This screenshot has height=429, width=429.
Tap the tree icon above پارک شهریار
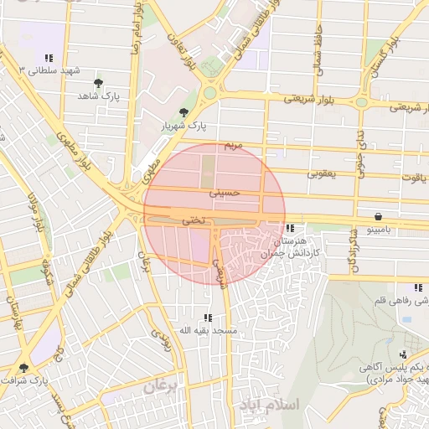click(x=183, y=112)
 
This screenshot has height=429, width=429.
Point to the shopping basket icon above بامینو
click(x=380, y=215)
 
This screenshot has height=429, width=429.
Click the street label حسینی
click(x=225, y=193)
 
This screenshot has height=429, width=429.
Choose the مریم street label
click(x=233, y=146)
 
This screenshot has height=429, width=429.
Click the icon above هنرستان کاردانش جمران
click(x=290, y=228)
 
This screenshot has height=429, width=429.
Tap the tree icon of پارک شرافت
click(x=23, y=368)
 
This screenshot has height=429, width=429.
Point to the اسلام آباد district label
click(x=268, y=405)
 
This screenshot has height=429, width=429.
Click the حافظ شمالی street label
click(x=318, y=55)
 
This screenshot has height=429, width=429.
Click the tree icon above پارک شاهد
click(x=99, y=83)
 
